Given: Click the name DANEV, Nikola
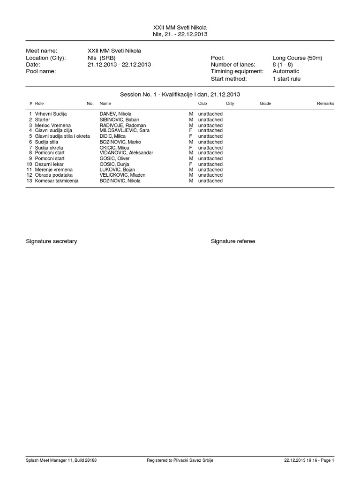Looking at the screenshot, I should coord(115,114).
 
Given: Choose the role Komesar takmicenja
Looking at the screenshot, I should coord(57,180).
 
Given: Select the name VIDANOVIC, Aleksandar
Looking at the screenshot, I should coord(127,153).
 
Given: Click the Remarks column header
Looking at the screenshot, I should coord(325,103).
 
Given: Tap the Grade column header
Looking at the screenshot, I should coord(265,103).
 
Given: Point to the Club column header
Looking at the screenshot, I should coord(202,103).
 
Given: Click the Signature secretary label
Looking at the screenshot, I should coord(52,241).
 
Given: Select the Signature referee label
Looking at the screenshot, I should coord(233,241).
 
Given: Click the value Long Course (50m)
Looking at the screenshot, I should coord(297,58).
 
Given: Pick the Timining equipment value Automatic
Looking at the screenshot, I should coord(285,71).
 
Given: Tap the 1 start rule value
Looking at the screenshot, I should coord(286,79).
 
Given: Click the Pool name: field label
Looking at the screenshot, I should coord(41,71).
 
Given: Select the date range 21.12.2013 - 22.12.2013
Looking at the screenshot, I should coord(119,65).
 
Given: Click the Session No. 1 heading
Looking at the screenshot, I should coord(180,94).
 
